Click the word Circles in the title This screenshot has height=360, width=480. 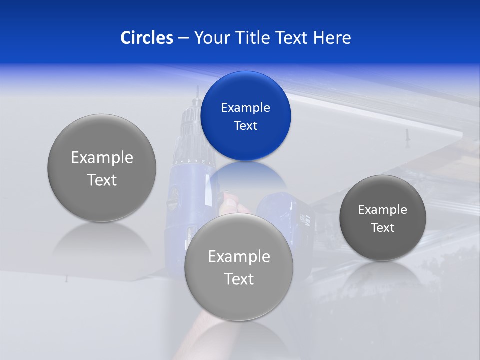coord(147,38)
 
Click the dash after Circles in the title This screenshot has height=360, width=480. coord(183,38)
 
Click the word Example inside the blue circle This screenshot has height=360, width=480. coord(245,108)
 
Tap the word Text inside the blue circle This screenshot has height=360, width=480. coord(245,126)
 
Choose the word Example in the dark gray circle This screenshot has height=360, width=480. coord(382,210)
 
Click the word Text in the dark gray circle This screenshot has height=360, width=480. coord(382,228)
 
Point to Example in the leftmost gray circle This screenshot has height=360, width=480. coord(102,158)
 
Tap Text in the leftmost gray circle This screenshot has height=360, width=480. coord(102,180)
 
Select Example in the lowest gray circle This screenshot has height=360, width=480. coord(239,257)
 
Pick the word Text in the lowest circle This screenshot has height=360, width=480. coord(239,279)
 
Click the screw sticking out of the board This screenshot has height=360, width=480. coord(407,135)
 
